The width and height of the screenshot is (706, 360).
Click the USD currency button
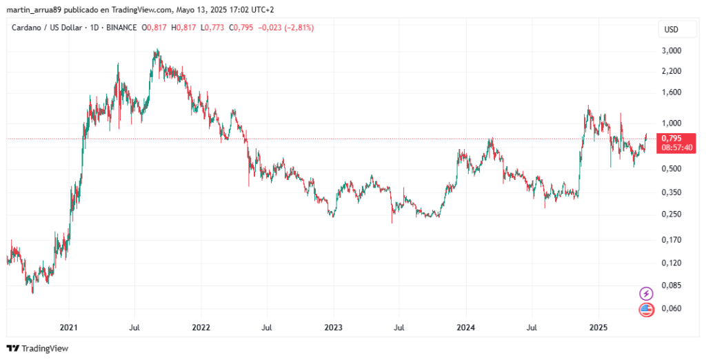point(671,29)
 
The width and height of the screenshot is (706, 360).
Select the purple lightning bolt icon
point(647,293)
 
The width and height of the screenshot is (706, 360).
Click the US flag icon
point(647,310)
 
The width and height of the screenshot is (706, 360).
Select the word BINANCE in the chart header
point(121,28)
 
